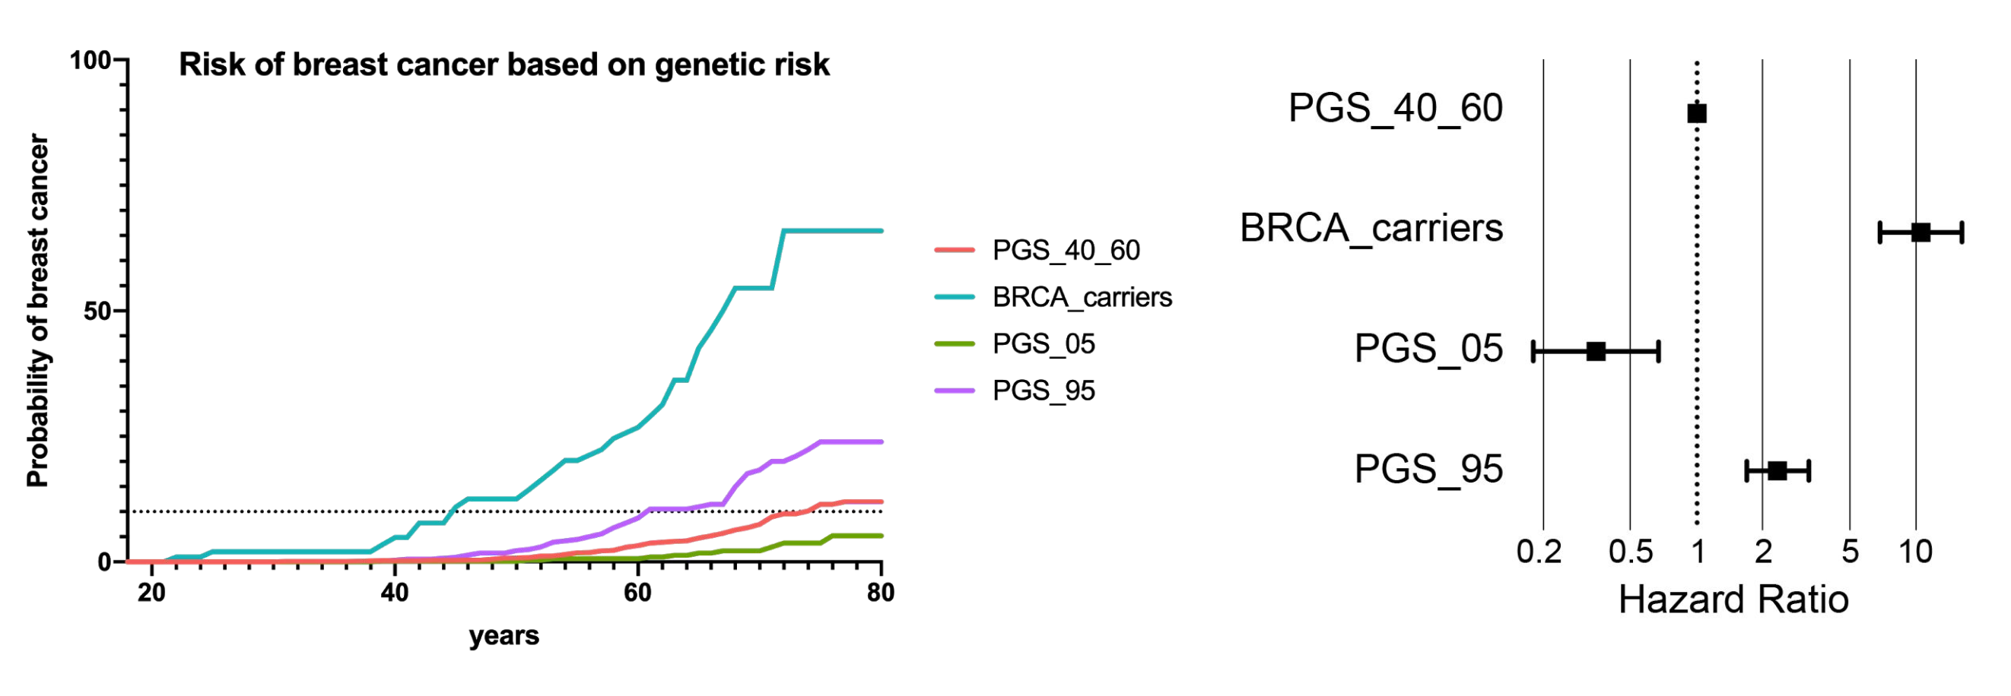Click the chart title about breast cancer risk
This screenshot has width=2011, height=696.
504,65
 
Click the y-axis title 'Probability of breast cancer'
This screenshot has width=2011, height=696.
37,311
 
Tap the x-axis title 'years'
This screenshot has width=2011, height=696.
504,636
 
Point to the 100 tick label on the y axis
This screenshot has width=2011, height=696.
91,60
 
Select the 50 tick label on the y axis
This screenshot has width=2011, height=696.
97,312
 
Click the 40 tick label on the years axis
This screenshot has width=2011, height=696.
394,593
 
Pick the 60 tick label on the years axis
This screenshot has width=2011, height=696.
638,593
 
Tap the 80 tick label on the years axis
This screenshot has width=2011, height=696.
881,593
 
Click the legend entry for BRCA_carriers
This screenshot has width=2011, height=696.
1053,297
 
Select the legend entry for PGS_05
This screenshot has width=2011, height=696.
1015,344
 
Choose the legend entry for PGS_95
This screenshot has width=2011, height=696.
1015,391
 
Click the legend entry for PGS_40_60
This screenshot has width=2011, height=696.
1037,251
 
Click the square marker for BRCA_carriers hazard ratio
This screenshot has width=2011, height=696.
1921,233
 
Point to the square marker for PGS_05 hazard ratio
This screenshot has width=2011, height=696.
1596,352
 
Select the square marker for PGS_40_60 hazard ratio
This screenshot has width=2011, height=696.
1696,114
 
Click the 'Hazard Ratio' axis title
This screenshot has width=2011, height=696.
1734,600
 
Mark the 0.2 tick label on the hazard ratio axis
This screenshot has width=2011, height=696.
1539,552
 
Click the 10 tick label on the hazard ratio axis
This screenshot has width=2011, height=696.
1915,552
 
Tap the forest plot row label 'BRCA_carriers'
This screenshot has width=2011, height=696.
1371,229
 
